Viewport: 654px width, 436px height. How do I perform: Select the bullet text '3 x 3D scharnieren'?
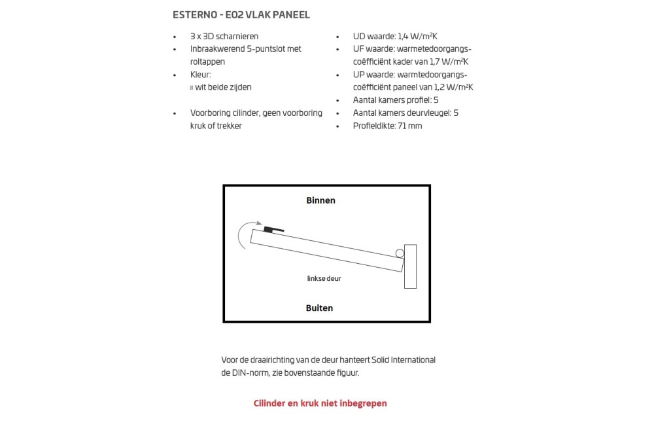224,37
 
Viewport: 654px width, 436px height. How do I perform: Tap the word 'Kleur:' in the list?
201,75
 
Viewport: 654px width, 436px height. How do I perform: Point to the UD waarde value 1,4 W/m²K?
419,37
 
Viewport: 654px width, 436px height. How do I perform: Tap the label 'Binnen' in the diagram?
320,200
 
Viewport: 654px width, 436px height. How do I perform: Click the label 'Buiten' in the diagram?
319,308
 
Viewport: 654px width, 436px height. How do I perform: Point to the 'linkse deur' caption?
324,278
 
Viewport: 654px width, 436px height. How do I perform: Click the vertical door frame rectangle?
410,266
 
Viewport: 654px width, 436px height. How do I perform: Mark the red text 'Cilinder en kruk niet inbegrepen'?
320,403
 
